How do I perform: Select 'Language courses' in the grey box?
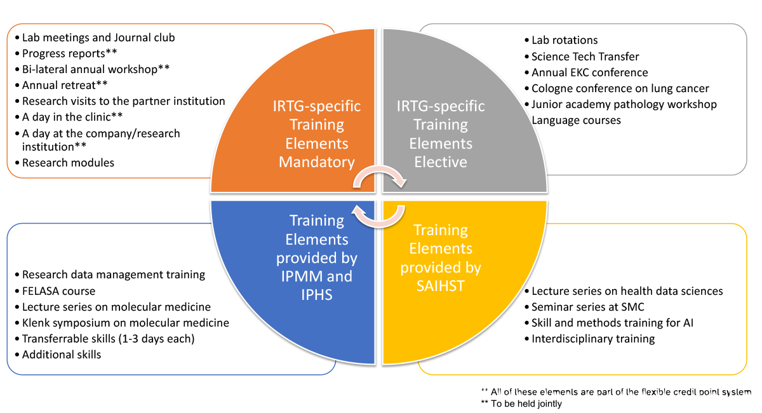tap(576, 120)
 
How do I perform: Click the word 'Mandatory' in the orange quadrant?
tap(317, 162)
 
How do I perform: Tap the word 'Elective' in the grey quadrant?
tap(441, 162)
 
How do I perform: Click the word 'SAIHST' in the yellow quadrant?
tap(441, 286)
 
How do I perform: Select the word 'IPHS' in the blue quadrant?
tap(317, 295)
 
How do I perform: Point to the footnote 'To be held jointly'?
tap(521, 404)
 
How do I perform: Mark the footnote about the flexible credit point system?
tap(616, 392)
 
